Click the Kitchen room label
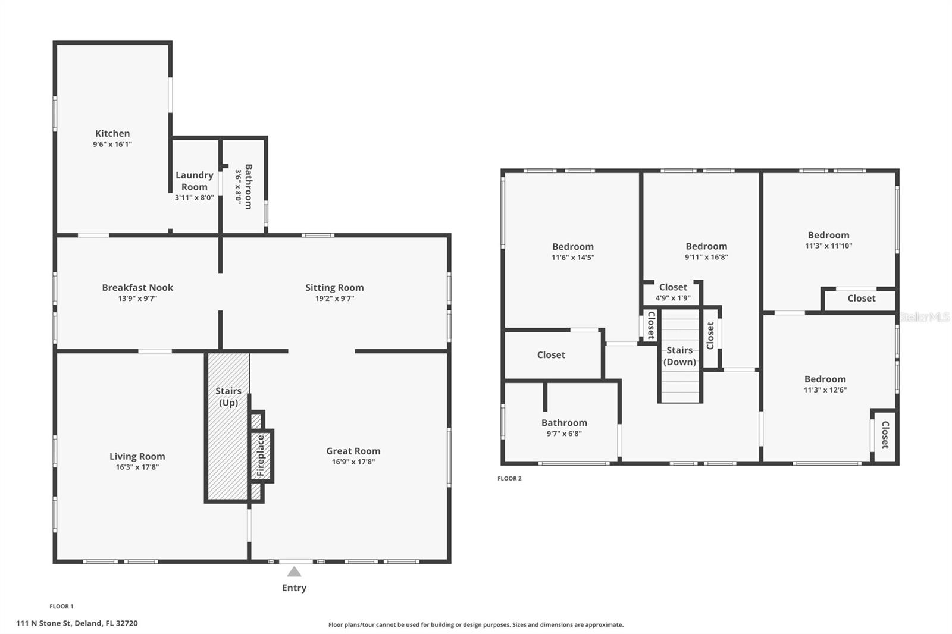tap(112, 134)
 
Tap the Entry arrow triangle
tap(294, 572)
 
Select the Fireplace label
tap(261, 455)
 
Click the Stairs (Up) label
tap(228, 397)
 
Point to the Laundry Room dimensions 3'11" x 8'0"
tap(194, 197)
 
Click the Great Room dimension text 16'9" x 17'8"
tap(353, 462)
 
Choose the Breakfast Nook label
tap(137, 288)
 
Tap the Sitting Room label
tap(334, 288)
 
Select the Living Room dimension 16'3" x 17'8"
tap(137, 467)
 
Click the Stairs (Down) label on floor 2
tap(679, 356)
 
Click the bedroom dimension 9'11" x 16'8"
tap(706, 257)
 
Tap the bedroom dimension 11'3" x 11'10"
tap(828, 246)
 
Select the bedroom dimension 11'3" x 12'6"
tap(825, 390)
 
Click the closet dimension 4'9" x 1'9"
tap(673, 298)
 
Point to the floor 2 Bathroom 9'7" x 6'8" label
tap(564, 423)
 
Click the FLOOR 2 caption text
tap(509, 478)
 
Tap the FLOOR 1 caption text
tap(61, 607)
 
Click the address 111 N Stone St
tap(77, 623)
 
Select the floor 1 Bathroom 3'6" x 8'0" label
tap(248, 186)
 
